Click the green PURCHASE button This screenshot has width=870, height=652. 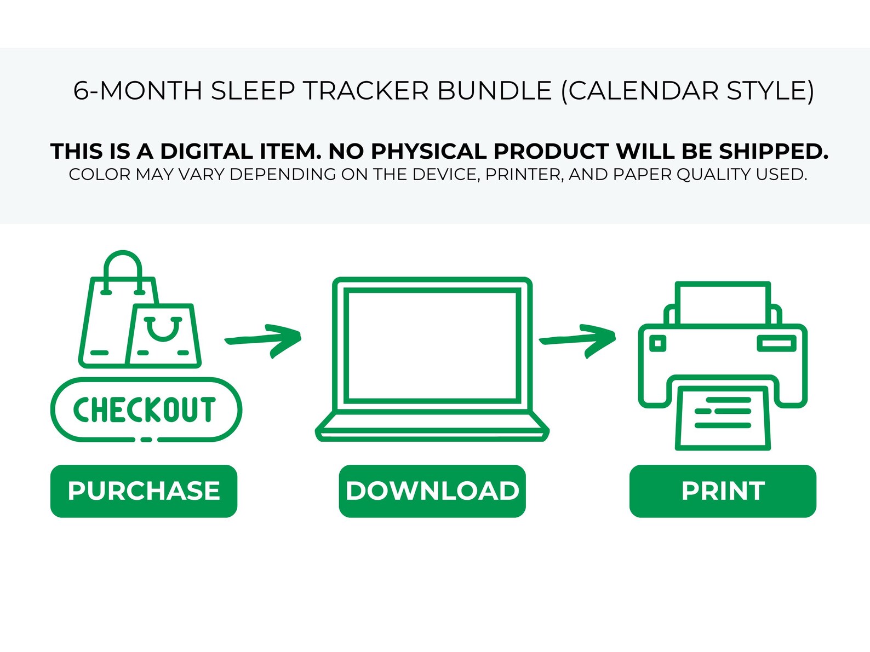point(144,491)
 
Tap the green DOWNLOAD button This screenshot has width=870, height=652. point(432,491)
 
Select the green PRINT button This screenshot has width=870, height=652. point(723,491)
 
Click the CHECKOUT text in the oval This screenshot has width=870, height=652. point(145,410)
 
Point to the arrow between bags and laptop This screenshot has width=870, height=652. point(264,340)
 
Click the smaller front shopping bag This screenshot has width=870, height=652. point(163,337)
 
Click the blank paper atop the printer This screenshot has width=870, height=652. point(723,303)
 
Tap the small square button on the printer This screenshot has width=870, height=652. point(658,344)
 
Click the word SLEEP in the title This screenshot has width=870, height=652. point(253,91)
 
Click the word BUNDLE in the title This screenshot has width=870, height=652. point(494,91)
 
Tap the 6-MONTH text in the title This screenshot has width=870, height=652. point(138,91)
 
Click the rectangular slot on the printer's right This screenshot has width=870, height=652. point(776,344)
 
